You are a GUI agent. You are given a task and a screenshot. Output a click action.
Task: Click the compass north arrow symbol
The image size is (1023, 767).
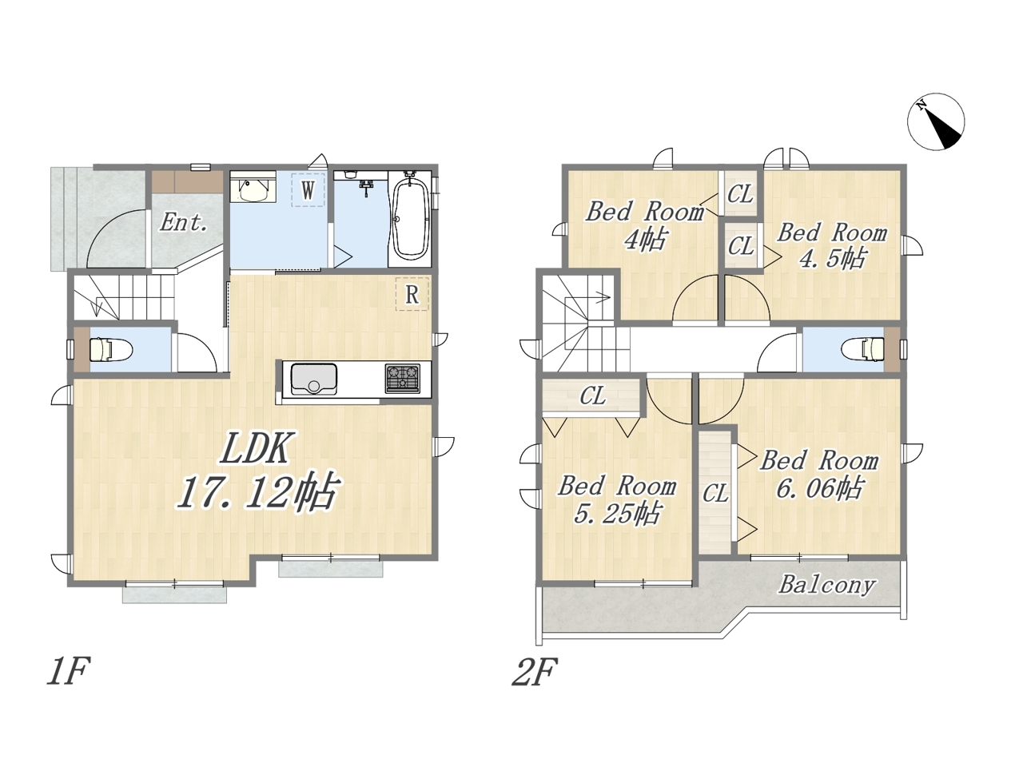click(x=935, y=121)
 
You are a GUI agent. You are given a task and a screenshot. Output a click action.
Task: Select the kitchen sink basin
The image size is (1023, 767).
click(x=313, y=378)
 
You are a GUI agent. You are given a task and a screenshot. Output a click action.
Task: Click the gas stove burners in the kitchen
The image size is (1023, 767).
click(x=402, y=378)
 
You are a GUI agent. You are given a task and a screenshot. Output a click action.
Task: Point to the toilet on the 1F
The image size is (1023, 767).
click(x=111, y=349)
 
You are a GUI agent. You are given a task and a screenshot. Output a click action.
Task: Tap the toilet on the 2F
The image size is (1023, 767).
click(x=863, y=349)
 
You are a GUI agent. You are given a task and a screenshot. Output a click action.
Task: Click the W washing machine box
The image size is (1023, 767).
click(x=308, y=189)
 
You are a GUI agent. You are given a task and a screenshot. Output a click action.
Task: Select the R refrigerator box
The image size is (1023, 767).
click(x=412, y=294)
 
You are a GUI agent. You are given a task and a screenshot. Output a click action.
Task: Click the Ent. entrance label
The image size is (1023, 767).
click(x=184, y=222)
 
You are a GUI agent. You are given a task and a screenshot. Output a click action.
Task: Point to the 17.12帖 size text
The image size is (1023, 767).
click(x=257, y=492)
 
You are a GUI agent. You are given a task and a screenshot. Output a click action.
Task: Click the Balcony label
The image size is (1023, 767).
click(x=826, y=586)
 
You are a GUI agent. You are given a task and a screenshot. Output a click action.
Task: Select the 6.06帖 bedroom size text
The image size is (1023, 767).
click(x=818, y=488)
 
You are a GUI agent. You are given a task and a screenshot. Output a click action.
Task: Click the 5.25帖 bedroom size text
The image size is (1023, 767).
click(x=616, y=514)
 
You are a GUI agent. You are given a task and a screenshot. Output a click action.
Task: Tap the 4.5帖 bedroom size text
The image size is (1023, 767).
click(x=832, y=259)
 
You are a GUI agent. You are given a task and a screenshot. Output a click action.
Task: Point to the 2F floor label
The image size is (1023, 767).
click(x=535, y=672)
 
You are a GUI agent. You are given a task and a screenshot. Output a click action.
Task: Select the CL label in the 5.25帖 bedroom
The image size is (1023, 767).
click(x=593, y=395)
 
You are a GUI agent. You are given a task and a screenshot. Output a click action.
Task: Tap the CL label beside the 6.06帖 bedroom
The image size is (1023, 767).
click(x=715, y=493)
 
